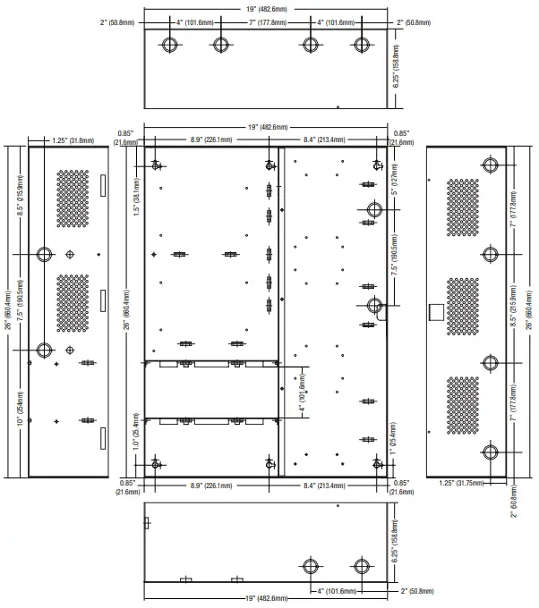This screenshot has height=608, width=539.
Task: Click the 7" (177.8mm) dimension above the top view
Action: tap(268, 22)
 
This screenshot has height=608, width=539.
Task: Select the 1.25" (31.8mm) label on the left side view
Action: tap(73, 140)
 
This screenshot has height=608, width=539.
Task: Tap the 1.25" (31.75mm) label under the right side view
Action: tap(461, 483)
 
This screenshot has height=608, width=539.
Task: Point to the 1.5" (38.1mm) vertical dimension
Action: tap(136, 197)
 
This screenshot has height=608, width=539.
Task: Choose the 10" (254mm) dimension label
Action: tap(21, 409)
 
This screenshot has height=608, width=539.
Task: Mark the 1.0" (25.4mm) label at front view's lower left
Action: tap(136, 432)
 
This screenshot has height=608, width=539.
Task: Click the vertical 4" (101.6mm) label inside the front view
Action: tap(303, 392)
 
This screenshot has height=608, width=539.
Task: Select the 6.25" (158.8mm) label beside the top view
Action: tap(396, 66)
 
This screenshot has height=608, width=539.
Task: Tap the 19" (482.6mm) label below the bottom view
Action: tap(267, 598)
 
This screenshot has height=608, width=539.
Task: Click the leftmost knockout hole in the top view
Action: tap(170, 45)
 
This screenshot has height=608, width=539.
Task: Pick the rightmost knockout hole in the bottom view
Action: tap(362, 566)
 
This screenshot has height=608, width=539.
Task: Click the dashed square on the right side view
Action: tap(436, 312)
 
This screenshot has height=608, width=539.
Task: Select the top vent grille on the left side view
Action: tap(73, 198)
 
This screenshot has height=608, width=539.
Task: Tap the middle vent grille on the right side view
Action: tap(463, 307)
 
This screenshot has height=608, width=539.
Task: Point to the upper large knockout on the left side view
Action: tap(44, 254)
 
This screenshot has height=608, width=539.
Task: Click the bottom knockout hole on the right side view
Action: tap(490, 452)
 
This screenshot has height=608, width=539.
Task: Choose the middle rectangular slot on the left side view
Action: tap(103, 300)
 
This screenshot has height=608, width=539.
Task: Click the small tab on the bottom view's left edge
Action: tap(147, 523)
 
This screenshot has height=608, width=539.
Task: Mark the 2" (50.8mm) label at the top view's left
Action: tap(117, 22)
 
